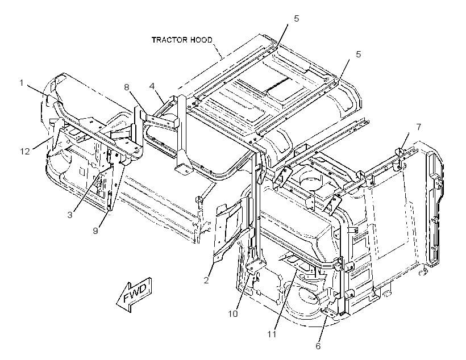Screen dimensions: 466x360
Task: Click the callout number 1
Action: coord(22,82)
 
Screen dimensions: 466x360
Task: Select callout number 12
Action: coord(25,152)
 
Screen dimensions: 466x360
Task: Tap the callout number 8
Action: coord(127,87)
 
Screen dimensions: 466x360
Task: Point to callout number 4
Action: coord(152,86)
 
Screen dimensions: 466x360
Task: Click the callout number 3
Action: coord(70,215)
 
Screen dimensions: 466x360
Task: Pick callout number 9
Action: coord(95,231)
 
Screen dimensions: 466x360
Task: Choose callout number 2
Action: coord(206,280)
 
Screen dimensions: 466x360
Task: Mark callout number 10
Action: coord(234,313)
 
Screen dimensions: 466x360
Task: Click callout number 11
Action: coord(272,334)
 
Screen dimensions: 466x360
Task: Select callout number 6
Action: coord(318,346)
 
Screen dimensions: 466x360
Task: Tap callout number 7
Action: coord(419,127)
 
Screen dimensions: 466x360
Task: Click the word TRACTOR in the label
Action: coord(169,40)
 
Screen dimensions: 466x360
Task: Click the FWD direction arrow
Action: coord(134,294)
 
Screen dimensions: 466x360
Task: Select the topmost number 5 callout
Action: coord(297,19)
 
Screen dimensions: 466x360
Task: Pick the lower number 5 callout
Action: coord(359,55)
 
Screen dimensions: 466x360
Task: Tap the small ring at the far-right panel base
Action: coord(423,273)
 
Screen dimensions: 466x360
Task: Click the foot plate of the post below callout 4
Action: coord(183,169)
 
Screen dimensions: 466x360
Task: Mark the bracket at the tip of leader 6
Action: coord(329,311)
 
